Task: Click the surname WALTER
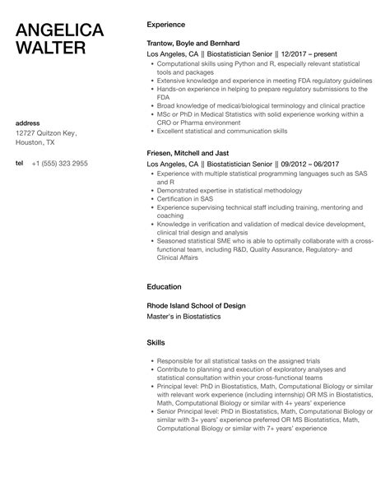tap(51, 49)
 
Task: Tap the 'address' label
tap(29, 123)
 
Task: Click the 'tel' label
tap(20, 164)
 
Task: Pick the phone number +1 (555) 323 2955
tap(60, 164)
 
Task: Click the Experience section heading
tap(165, 25)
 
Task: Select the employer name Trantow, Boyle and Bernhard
tap(193, 42)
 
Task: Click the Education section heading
tap(165, 287)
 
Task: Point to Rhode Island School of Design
tap(196, 305)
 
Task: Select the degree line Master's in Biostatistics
tap(183, 315)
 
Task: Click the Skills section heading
tap(156, 341)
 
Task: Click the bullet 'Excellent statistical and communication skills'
tap(223, 131)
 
